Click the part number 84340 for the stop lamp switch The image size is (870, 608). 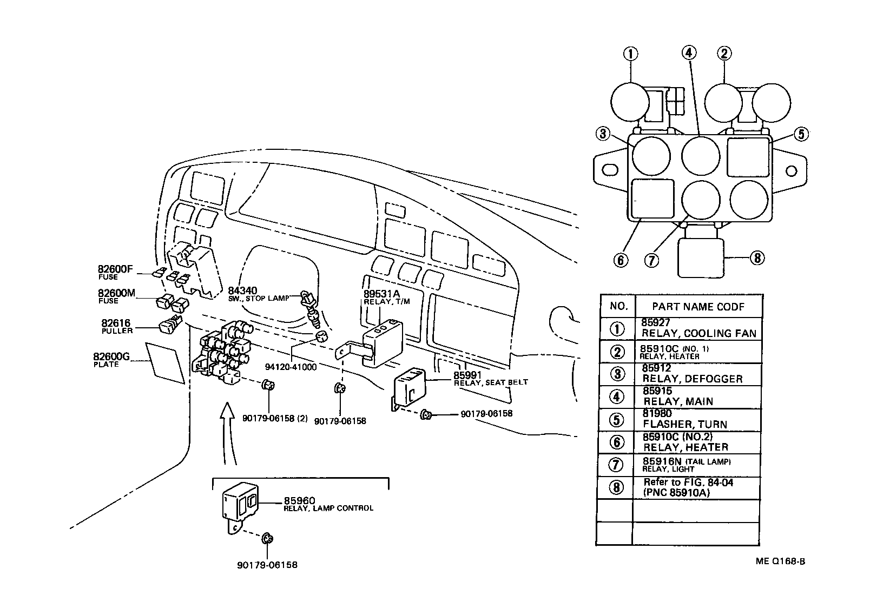(x=242, y=290)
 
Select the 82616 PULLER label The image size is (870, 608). (x=117, y=327)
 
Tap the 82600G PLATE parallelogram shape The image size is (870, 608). (x=165, y=363)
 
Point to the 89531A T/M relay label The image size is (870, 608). (x=386, y=298)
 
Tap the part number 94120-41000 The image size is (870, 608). (x=291, y=367)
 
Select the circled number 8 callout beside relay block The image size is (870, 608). (x=757, y=258)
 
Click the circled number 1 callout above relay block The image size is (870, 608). (x=631, y=54)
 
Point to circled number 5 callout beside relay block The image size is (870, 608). (x=801, y=134)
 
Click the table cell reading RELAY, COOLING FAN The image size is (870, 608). (x=698, y=328)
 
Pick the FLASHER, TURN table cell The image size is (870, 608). (x=697, y=420)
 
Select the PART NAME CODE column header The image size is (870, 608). (x=698, y=307)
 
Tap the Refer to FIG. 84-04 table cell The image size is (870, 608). (x=697, y=487)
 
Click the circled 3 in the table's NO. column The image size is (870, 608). (x=617, y=374)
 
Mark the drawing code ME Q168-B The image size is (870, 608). (x=780, y=561)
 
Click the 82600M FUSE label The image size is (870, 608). (x=116, y=296)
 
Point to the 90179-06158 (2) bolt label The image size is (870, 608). (x=275, y=419)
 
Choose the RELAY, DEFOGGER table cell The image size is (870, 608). (x=698, y=374)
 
